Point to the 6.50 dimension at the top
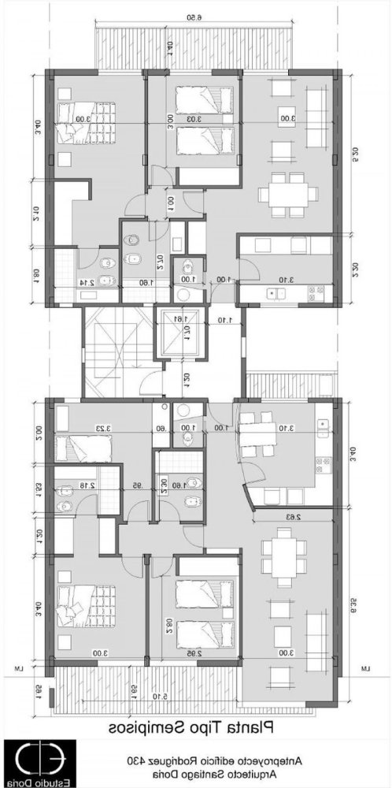[195, 17]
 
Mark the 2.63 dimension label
[292, 517]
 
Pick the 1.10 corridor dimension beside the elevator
[227, 320]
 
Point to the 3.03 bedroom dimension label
[194, 119]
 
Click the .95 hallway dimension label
[137, 485]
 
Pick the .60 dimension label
[161, 429]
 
